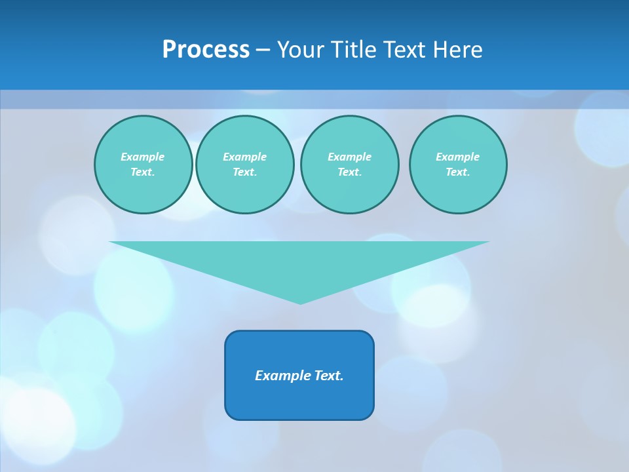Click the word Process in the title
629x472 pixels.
pyautogui.click(x=206, y=50)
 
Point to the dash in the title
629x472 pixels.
pyautogui.click(x=263, y=50)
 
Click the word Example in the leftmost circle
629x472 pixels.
pyautogui.click(x=143, y=157)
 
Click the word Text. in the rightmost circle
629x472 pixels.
pyautogui.click(x=458, y=172)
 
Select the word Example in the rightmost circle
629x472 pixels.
pyautogui.click(x=458, y=157)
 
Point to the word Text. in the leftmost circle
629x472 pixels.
pyautogui.click(x=143, y=172)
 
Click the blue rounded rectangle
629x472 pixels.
pyautogui.click(x=299, y=400)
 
